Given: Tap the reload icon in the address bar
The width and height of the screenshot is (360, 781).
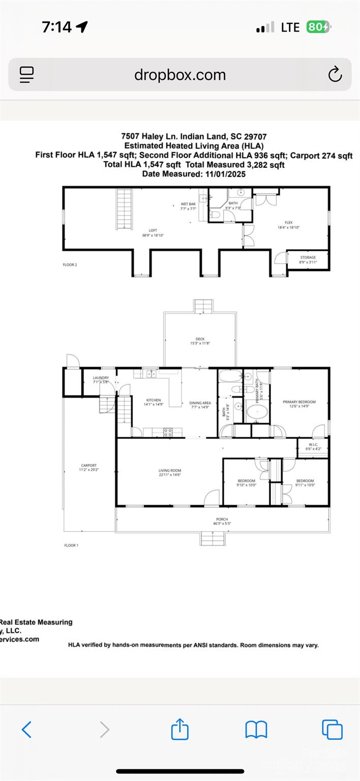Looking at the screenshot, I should tap(335, 75).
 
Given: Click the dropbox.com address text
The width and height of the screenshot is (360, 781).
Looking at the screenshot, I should tap(179, 75).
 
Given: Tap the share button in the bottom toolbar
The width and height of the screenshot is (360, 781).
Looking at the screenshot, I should tap(179, 730).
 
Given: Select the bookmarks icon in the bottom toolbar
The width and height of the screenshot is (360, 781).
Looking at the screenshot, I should tap(256, 730).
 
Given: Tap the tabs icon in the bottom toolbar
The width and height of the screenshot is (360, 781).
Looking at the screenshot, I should tap(332, 730).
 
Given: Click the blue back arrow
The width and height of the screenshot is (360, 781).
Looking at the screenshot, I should tap(27, 730).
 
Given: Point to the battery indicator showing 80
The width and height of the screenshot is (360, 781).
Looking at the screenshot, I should tap(318, 27).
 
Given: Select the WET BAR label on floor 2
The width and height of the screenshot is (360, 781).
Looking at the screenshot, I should tap(188, 204).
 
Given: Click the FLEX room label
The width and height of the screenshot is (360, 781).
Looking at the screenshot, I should tap(288, 222).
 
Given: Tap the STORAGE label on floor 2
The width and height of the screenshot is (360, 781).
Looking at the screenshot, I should tap(308, 258).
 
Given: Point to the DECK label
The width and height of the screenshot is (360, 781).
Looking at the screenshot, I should tap(200, 339).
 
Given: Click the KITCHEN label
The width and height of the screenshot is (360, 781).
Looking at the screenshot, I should tap(153, 401).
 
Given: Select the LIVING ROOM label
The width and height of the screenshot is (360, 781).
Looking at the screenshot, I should tap(170, 471).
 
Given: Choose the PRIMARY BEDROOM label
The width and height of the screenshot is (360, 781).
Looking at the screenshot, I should tap(299, 402).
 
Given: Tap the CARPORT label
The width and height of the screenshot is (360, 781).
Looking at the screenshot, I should tap(88, 466).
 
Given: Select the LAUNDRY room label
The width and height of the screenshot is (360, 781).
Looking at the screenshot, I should tap(101, 378).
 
